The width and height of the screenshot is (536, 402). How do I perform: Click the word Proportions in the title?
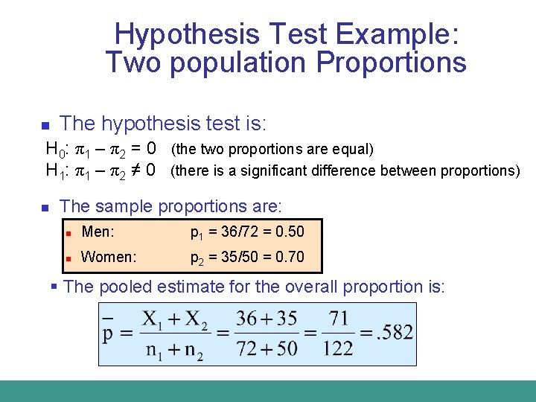392,63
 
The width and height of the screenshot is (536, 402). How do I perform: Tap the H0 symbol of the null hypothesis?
56,149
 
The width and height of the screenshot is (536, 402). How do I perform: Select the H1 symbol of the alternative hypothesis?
56,170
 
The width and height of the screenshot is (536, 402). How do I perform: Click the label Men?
98,232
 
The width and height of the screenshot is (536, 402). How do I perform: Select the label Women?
109,258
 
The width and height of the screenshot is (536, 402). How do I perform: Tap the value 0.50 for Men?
290,232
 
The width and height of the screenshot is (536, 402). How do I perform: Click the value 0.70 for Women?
290,258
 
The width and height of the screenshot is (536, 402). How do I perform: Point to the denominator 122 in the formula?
339,348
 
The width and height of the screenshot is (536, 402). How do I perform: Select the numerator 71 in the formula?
339,319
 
